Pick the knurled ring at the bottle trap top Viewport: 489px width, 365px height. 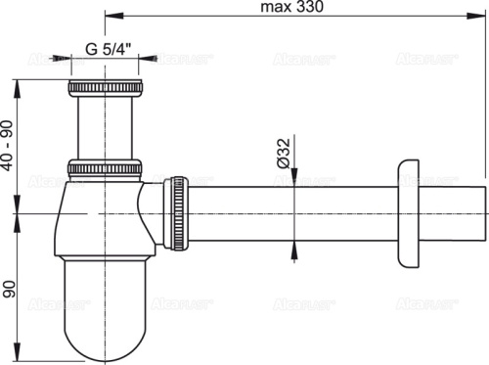tap(106, 166)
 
